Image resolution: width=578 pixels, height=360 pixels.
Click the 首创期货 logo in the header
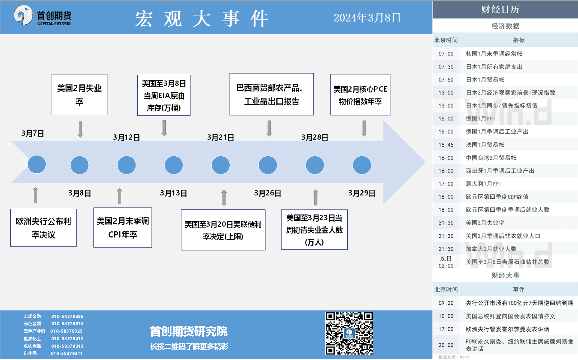click(x=42, y=15)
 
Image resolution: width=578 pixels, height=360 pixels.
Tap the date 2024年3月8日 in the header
click(x=367, y=18)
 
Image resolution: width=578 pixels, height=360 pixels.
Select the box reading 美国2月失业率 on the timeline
click(x=79, y=94)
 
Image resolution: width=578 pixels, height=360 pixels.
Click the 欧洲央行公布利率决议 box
click(x=43, y=228)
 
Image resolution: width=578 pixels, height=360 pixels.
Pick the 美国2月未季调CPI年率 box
click(x=123, y=227)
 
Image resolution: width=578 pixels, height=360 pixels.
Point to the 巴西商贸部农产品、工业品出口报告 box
click(x=271, y=94)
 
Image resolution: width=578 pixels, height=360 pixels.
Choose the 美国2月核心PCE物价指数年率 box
click(x=360, y=94)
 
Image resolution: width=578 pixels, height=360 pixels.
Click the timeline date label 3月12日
click(x=127, y=138)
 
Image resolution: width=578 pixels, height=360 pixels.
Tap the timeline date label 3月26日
click(x=267, y=193)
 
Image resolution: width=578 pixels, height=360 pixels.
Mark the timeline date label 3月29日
click(x=362, y=193)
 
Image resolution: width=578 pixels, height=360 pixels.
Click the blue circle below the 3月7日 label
click(x=37, y=165)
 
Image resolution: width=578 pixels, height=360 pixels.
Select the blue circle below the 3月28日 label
click(x=315, y=165)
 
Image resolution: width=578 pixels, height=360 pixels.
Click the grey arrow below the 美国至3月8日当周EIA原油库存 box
click(x=164, y=128)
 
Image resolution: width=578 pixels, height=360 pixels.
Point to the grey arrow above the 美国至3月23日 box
click(x=316, y=197)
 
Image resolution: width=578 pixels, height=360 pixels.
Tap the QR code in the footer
click(x=349, y=333)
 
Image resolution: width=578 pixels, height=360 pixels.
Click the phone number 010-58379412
click(x=67, y=338)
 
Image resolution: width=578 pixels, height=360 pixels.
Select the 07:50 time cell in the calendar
click(x=446, y=80)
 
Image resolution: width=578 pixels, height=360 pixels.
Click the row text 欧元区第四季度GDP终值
click(x=497, y=197)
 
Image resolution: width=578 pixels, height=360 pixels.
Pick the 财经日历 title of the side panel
click(x=500, y=9)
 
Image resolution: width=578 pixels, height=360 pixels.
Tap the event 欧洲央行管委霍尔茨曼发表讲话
click(x=507, y=329)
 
